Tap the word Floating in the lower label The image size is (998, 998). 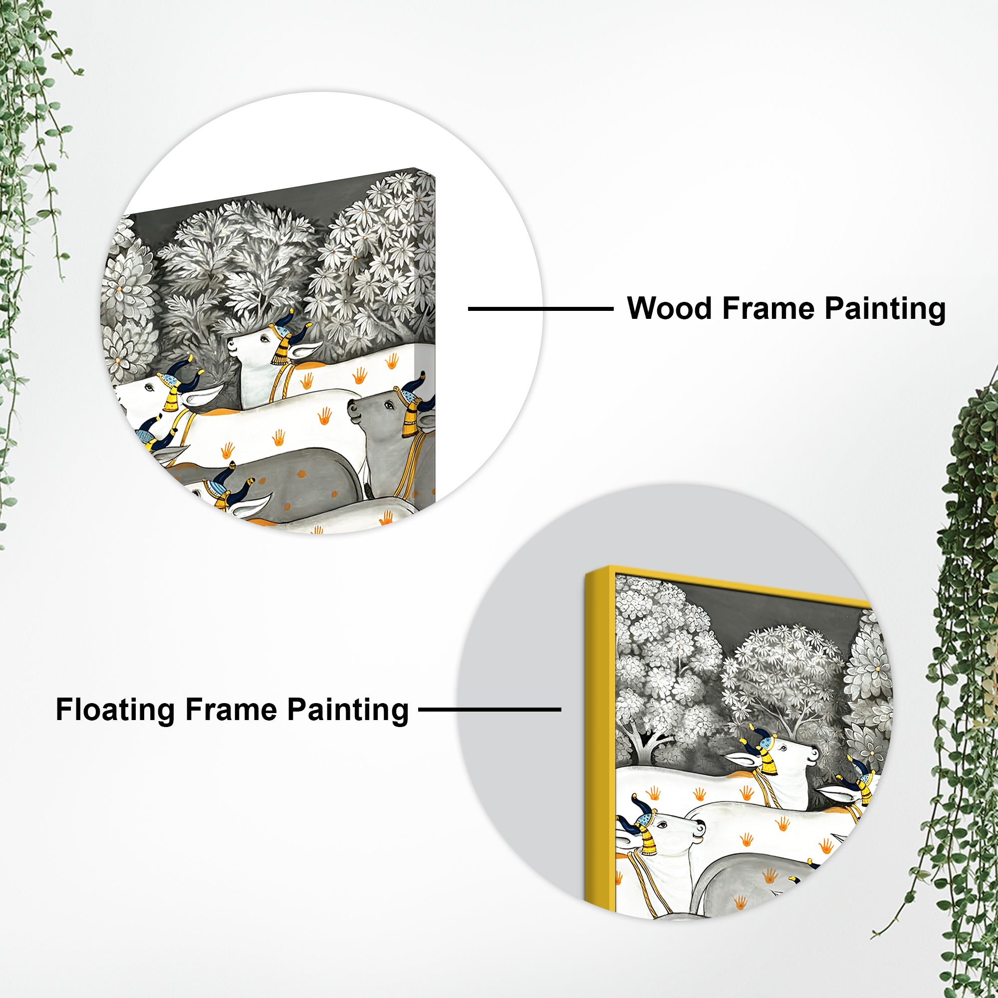point(115,709)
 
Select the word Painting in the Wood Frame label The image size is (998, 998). point(885,309)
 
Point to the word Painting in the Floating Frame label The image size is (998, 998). point(348,710)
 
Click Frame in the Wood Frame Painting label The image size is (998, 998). point(768,308)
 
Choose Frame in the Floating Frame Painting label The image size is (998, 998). point(231,709)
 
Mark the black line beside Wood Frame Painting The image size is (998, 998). point(540,309)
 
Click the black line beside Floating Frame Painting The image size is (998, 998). point(489,709)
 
